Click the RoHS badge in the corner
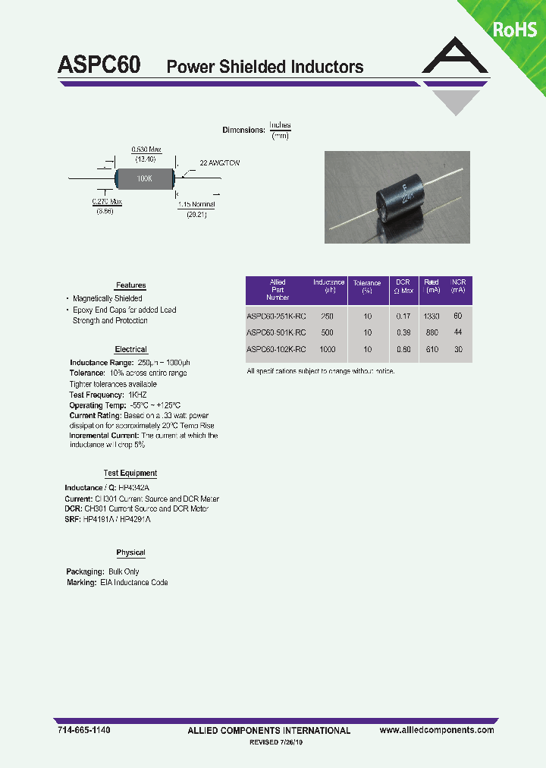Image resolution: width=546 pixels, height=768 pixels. click(515, 30)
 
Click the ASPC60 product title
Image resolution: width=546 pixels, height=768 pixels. click(99, 65)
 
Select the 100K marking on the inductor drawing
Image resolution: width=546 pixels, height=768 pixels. click(144, 178)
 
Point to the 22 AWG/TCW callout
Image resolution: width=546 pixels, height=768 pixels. click(220, 163)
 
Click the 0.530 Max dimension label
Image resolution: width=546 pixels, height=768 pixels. click(146, 150)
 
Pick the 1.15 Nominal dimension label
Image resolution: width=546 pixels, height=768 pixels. click(196, 205)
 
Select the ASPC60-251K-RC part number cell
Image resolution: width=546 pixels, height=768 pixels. click(276, 316)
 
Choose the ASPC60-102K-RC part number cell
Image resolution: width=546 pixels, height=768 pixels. click(276, 349)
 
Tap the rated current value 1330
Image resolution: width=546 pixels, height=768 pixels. click(431, 316)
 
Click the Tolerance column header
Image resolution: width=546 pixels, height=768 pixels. click(367, 286)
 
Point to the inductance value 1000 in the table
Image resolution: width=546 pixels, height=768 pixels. click(328, 349)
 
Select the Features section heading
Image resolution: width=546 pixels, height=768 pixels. click(130, 285)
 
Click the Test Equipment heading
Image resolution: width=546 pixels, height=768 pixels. click(130, 474)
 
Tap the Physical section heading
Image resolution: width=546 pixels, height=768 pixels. click(130, 552)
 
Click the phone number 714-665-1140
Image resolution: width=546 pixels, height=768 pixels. click(84, 730)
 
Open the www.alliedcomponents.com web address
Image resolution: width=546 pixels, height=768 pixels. click(436, 730)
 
